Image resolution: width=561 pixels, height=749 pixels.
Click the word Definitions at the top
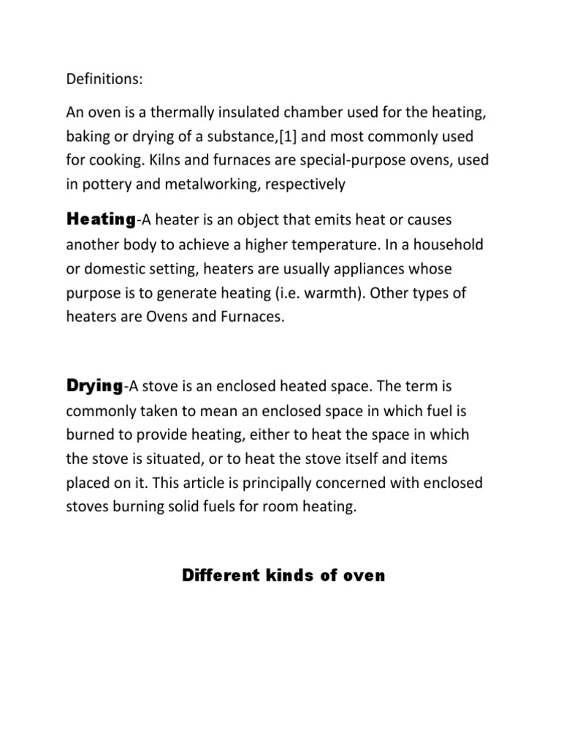click(x=98, y=77)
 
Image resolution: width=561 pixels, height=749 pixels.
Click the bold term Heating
click(x=100, y=218)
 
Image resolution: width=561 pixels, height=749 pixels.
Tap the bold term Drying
click(x=94, y=385)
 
